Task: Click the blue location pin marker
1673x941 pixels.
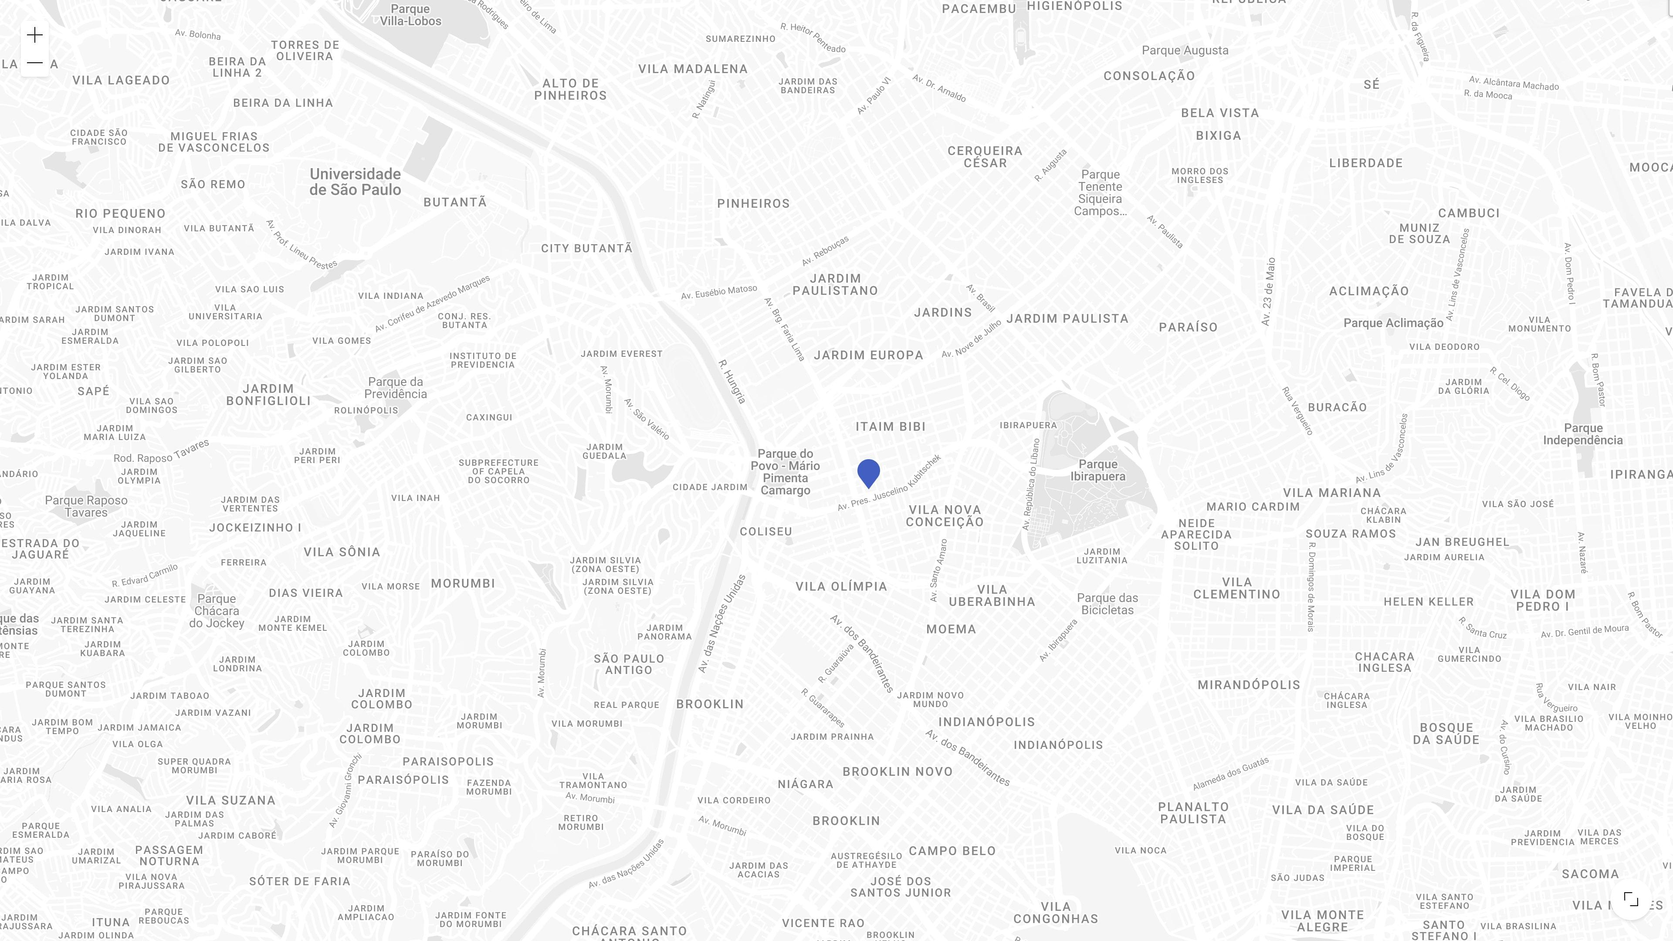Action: (x=868, y=473)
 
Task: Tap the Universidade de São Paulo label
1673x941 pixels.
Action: (x=355, y=182)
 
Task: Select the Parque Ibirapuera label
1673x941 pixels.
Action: (x=1097, y=470)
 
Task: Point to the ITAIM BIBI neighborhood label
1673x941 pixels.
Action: (x=891, y=426)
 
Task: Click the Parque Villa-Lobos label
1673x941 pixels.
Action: (x=410, y=15)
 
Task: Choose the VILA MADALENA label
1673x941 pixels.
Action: (x=693, y=69)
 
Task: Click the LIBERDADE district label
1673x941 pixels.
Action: (x=1366, y=163)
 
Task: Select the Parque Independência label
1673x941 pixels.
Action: (x=1583, y=434)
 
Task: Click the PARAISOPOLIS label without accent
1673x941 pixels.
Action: (x=448, y=761)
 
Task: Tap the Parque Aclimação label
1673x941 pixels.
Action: (x=1393, y=323)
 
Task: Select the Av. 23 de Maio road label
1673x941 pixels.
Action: (x=1268, y=291)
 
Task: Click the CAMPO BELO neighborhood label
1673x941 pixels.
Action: (x=952, y=851)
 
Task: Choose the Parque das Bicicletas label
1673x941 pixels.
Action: (x=1107, y=604)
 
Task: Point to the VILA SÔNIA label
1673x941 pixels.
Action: (x=342, y=552)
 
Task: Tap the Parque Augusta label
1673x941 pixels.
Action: (x=1185, y=51)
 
